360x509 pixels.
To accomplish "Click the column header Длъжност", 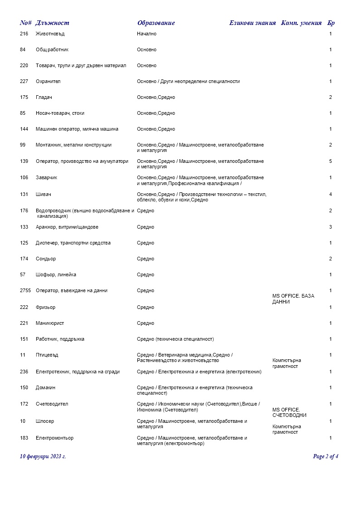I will pos(52,23).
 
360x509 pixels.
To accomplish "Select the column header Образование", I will pos(156,23).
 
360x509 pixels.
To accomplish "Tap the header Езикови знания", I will pos(253,23).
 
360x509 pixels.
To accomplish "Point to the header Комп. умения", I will pos(301,23).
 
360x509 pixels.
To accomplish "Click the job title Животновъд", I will pos(50,34).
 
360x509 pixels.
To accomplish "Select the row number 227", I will pos(24,82).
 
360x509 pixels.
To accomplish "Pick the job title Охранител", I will pos(48,82).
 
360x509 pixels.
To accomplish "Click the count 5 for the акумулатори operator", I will pos(331,161).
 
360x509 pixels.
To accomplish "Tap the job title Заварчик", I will pos(47,177).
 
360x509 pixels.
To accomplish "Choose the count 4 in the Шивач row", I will pos(331,195).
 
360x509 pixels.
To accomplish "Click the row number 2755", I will pos(25,290).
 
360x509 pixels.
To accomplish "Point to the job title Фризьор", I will pos(45,308).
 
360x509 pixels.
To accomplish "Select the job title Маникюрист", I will pos(50,323).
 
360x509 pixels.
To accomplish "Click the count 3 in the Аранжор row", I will pos(331,227).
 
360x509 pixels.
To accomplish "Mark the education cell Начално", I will pos(146,34).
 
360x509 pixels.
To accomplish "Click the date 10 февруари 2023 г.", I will pos(43,456).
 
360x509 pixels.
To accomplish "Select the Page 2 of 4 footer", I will pos(326,456).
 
